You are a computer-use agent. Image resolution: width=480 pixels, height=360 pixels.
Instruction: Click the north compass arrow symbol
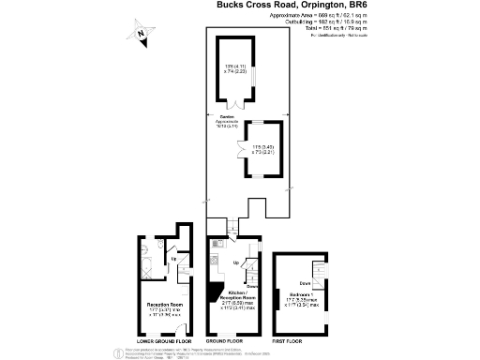(141, 35)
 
